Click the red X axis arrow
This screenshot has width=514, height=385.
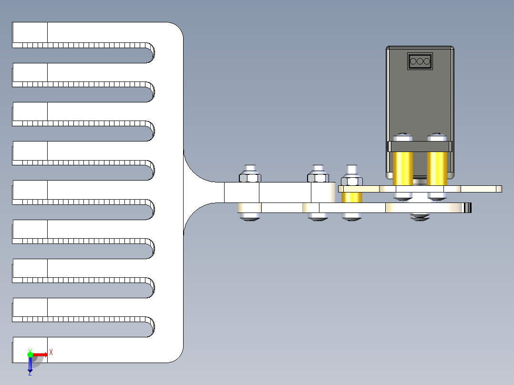click(x=41, y=354)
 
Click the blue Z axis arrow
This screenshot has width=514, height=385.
click(x=30, y=365)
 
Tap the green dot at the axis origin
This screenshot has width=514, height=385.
click(x=30, y=354)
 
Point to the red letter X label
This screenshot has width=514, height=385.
click(x=51, y=352)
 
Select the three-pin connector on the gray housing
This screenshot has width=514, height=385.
click(x=420, y=61)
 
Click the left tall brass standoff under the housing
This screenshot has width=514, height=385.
click(x=402, y=168)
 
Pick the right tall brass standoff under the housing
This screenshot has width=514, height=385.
click(x=437, y=168)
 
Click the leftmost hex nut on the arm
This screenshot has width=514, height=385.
click(x=250, y=177)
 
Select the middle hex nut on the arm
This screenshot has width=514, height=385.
click(x=318, y=177)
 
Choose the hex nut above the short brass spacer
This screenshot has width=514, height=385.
click(x=352, y=181)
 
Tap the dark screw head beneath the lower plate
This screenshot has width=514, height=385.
click(x=420, y=217)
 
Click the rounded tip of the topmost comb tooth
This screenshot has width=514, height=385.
click(x=150, y=53)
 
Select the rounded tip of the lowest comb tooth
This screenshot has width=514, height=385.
click(x=150, y=326)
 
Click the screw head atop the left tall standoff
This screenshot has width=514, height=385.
click(x=402, y=138)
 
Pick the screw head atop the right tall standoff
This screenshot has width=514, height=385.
click(x=437, y=138)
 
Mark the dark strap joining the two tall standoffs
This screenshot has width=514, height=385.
click(x=420, y=146)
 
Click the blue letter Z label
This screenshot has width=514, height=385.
click(x=30, y=373)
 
